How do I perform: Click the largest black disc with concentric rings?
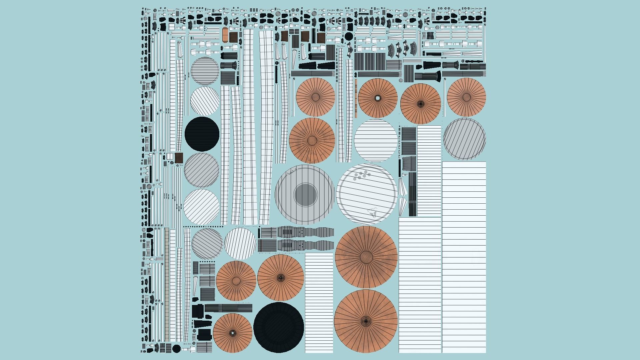(279, 327)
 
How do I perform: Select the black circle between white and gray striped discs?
(202, 134)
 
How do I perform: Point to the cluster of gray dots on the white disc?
(362, 175)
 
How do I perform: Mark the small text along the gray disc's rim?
(292, 172)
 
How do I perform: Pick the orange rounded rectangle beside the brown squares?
(225, 35)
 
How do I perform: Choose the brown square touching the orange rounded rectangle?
(233, 37)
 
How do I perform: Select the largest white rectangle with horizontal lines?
(464, 257)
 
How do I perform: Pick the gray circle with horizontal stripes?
(205, 71)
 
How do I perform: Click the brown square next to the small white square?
(179, 158)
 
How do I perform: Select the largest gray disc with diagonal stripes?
(464, 139)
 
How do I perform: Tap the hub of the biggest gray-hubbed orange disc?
(366, 257)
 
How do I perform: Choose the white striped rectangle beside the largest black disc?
(319, 302)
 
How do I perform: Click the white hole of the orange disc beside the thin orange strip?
(378, 98)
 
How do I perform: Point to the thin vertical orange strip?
(356, 98)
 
